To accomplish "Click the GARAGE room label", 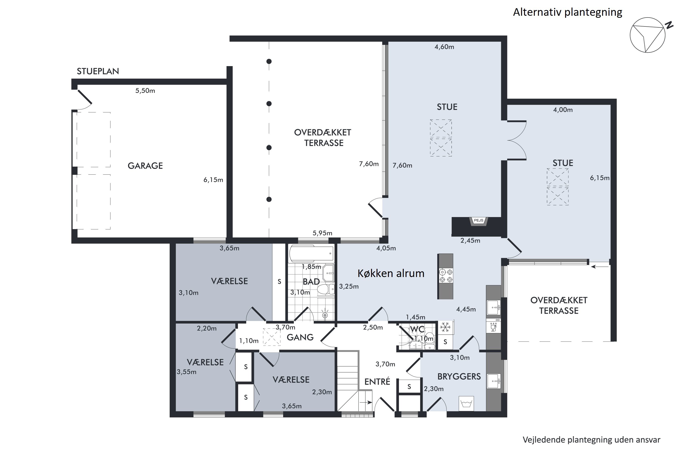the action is coord(145,166).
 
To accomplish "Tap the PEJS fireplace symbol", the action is coord(479,221).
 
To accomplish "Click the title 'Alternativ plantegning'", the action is coord(568,12).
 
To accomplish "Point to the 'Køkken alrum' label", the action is coord(391,273).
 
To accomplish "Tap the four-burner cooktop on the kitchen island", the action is coord(446,276).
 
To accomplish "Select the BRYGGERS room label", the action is coord(459,377).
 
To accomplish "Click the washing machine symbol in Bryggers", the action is coord(466,404).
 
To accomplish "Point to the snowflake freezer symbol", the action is coord(445,327).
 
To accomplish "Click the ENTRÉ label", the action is coord(377,381).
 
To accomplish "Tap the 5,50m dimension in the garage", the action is coord(145,91).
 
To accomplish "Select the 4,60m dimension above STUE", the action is coord(444,47).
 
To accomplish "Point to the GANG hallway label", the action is coord(300,337).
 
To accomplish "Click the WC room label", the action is coord(417,329).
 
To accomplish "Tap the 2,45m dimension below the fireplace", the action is coord(470,241).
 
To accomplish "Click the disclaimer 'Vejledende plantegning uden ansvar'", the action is coord(592,440).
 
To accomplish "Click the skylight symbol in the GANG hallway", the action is coord(271,337).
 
